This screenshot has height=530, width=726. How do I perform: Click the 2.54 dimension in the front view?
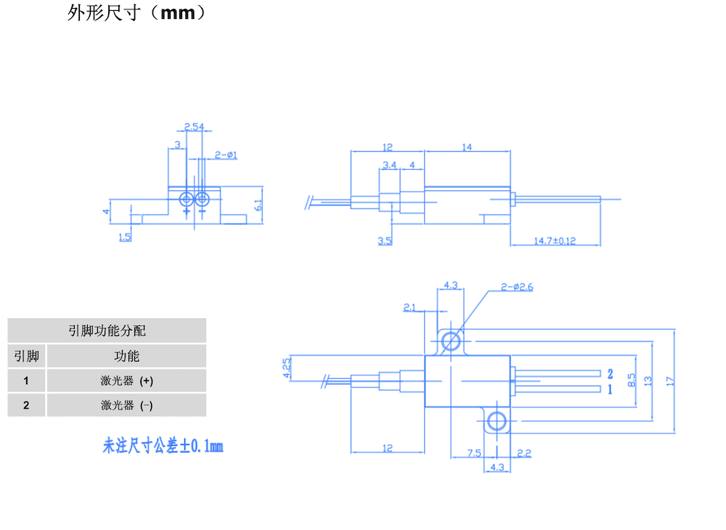[193, 127]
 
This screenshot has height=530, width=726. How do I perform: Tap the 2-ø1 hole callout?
[227, 155]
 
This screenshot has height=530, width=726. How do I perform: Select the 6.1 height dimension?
[258, 205]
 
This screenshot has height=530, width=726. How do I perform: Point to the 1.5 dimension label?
[124, 237]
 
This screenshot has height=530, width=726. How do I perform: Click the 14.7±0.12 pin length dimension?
[555, 240]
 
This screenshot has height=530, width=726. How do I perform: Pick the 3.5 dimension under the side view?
[385, 240]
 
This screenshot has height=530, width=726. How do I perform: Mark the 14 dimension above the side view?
[466, 147]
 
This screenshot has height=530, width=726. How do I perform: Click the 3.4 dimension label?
[389, 165]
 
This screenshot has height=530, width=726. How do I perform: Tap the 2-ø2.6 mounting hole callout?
[517, 287]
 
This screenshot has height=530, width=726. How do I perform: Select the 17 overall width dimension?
[669, 379]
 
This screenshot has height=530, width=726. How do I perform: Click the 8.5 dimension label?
[631, 379]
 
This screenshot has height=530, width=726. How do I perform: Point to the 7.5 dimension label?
[473, 453]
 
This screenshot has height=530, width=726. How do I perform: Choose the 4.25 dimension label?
[287, 367]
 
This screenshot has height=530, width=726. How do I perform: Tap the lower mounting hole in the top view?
[497, 420]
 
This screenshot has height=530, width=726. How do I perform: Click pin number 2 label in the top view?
[610, 374]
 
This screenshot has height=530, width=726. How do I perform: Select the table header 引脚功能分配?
[107, 330]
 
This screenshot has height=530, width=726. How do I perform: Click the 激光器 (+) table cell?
[126, 380]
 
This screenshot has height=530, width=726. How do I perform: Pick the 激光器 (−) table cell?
[126, 405]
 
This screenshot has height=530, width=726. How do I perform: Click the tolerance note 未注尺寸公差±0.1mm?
[163, 446]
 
